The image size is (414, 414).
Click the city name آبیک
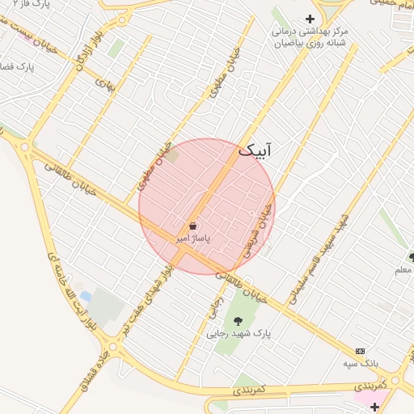point(257,150)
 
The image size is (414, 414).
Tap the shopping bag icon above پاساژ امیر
point(193,226)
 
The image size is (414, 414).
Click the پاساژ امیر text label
point(193,240)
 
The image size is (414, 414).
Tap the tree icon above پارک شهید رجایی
point(237,321)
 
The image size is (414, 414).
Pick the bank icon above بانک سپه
point(360,352)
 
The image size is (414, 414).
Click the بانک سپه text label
point(360,364)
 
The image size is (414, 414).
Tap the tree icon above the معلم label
point(412,257)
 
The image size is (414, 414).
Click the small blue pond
point(85,297)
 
